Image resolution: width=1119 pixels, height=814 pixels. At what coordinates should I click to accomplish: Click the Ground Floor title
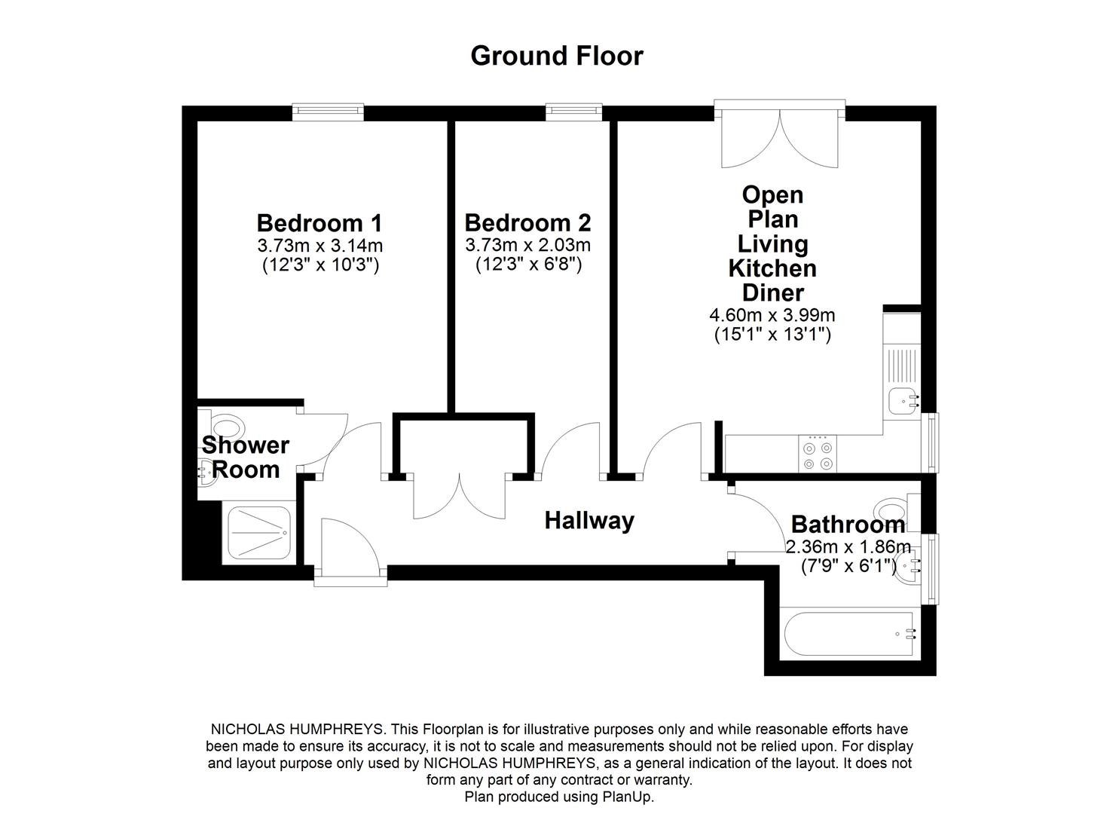(x=556, y=56)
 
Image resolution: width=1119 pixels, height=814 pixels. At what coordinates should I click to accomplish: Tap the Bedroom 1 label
(x=319, y=223)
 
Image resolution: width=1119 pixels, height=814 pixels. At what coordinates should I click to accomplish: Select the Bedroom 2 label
(x=527, y=223)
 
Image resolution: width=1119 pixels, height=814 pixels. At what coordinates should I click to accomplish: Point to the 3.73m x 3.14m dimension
(x=319, y=245)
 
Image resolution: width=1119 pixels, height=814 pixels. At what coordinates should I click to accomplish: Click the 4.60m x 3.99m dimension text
(x=772, y=315)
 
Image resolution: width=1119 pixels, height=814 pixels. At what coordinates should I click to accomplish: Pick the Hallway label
(x=589, y=520)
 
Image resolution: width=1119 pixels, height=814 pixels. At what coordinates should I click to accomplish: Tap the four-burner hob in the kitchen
(x=818, y=454)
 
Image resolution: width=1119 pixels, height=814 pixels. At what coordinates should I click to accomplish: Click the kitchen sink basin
(x=902, y=401)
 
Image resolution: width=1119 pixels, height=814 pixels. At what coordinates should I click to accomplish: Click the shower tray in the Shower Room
(x=258, y=532)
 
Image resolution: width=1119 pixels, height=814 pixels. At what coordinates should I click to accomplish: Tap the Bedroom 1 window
(x=328, y=112)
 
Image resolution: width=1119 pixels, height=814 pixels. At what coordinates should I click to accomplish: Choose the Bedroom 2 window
(x=573, y=112)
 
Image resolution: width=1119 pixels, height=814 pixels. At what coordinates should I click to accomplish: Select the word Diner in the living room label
(x=772, y=292)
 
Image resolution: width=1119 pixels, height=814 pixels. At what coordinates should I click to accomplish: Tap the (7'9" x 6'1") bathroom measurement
(x=848, y=565)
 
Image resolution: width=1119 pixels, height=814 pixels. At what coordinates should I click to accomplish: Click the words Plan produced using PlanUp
(x=559, y=797)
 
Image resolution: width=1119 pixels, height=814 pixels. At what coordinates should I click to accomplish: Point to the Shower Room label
(x=245, y=457)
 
